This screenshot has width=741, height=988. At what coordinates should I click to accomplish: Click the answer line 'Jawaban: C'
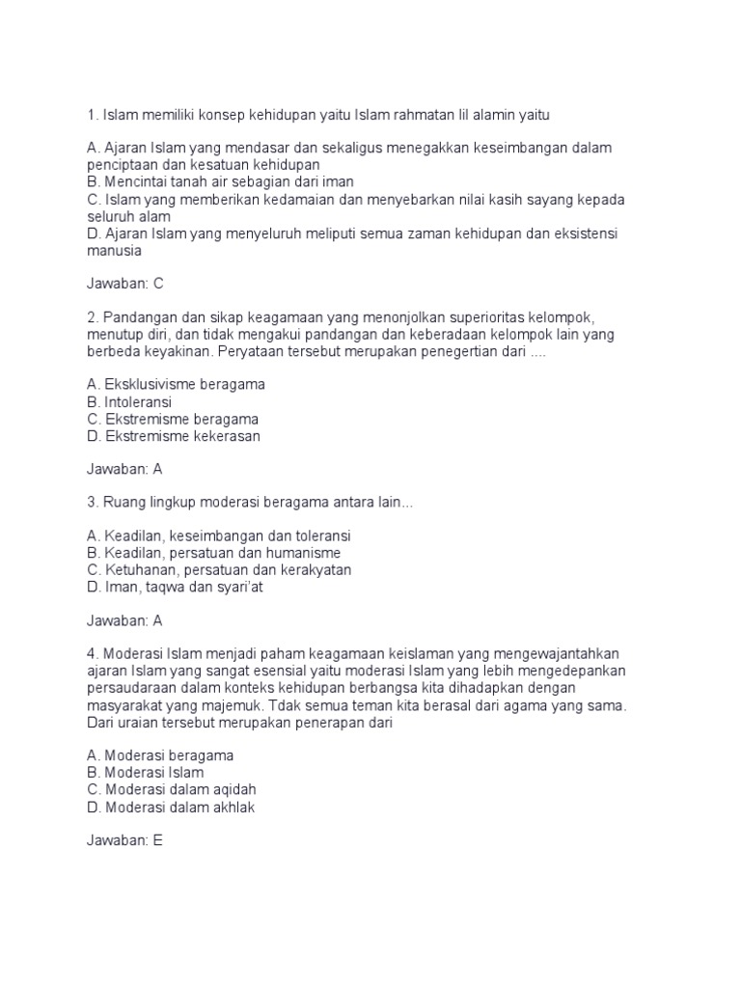[126, 283]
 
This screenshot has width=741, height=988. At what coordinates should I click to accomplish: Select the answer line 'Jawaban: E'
[125, 841]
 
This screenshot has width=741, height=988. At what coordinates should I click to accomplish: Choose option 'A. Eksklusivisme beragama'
[176, 384]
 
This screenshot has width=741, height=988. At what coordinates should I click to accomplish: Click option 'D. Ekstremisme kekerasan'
[174, 437]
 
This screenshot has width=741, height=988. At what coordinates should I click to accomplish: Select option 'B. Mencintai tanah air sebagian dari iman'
[220, 180]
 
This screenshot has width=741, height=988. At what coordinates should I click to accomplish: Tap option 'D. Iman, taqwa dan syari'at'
[175, 587]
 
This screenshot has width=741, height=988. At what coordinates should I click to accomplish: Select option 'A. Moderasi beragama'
[160, 755]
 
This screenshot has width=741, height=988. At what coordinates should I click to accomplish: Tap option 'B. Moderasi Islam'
[145, 772]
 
